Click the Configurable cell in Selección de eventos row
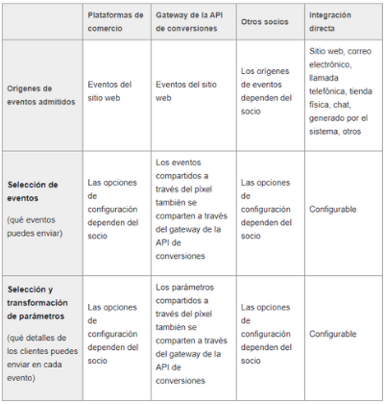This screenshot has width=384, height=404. (x=332, y=209)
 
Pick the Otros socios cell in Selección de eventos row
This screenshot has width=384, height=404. (x=264, y=208)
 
